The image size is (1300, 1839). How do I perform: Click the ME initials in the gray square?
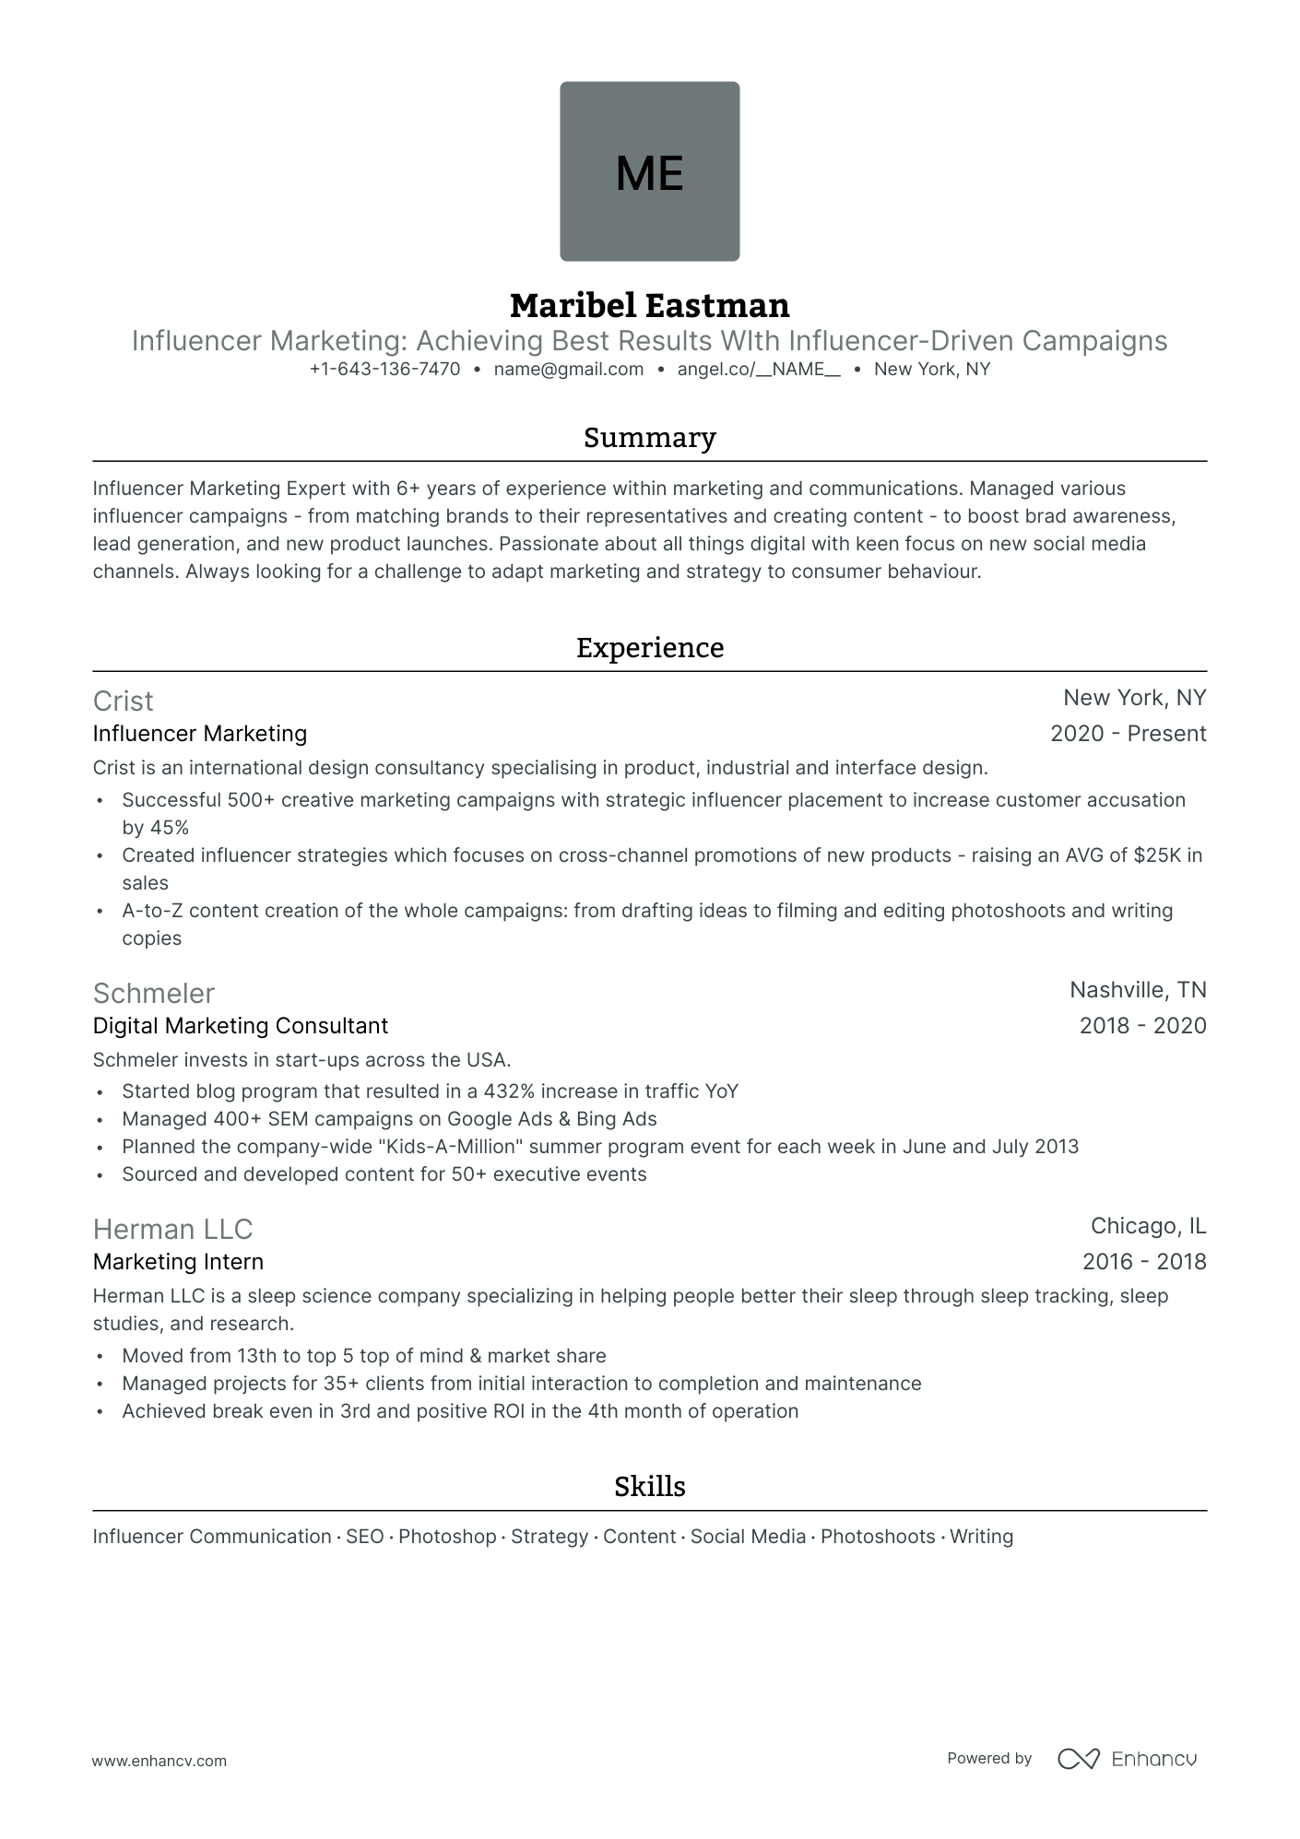(649, 172)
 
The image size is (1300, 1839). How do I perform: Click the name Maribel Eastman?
(649, 305)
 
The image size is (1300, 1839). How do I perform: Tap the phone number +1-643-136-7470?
(384, 370)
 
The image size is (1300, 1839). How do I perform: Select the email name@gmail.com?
(568, 370)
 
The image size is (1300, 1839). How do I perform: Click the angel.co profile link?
(758, 370)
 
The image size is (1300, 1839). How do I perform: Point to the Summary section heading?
(649, 438)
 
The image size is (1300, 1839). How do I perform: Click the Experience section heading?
(649, 648)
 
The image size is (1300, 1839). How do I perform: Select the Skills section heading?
(649, 1487)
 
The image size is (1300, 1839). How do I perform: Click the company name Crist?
(123, 701)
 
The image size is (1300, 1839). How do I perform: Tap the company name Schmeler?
(153, 994)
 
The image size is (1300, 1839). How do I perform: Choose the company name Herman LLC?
(172, 1230)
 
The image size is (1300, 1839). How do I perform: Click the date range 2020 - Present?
(1128, 734)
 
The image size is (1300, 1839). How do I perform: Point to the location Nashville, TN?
(1138, 990)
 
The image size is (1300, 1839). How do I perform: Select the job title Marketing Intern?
(178, 1262)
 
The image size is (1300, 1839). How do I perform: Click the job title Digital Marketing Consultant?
(241, 1026)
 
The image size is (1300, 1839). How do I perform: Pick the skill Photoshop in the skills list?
(447, 1537)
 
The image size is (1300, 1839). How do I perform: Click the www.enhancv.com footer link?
(159, 1761)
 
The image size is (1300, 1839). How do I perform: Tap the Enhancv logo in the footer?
(1127, 1759)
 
